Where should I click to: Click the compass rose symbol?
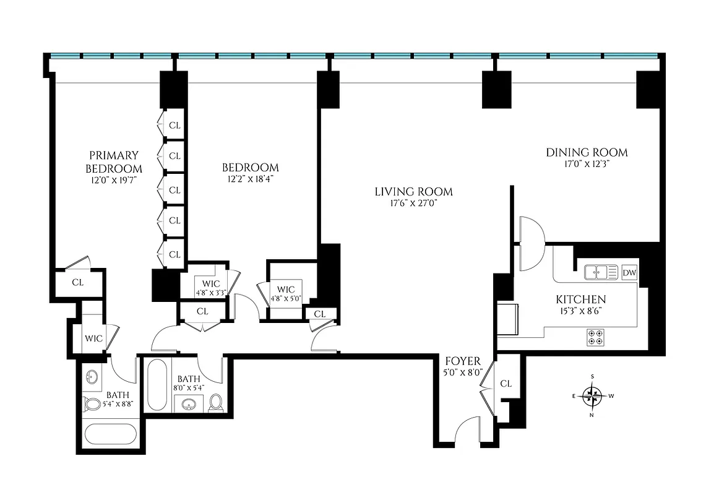point(593,394)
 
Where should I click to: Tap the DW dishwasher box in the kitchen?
point(629,272)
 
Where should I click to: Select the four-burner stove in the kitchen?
point(595,337)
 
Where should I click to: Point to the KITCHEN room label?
point(580,299)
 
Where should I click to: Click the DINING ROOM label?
point(587,152)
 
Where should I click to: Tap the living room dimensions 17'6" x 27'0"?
point(413,203)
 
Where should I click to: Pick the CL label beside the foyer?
point(506,384)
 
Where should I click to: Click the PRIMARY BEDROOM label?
point(114,161)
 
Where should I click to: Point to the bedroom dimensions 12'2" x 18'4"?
point(251,179)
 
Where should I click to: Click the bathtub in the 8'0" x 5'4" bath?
point(157,385)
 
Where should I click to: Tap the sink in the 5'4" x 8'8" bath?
point(93,377)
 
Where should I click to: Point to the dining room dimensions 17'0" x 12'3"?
point(587,165)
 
